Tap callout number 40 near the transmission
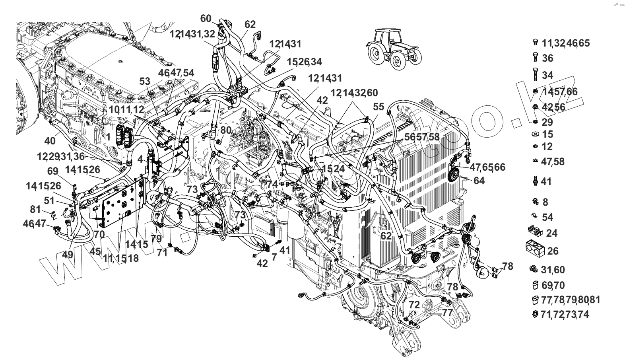tap(50, 140)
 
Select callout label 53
tap(145, 81)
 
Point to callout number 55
tap(378, 107)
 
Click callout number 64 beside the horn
tap(479, 181)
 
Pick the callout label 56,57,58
tap(422, 137)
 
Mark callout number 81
tap(35, 209)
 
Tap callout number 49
tap(68, 254)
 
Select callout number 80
tap(225, 130)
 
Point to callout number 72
tap(414, 305)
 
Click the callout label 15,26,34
tap(305, 62)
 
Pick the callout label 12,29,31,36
tap(61, 157)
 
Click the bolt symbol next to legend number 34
tap(535, 74)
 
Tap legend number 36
tap(547, 58)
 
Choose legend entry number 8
tap(545, 202)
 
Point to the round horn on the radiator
tap(453, 174)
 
